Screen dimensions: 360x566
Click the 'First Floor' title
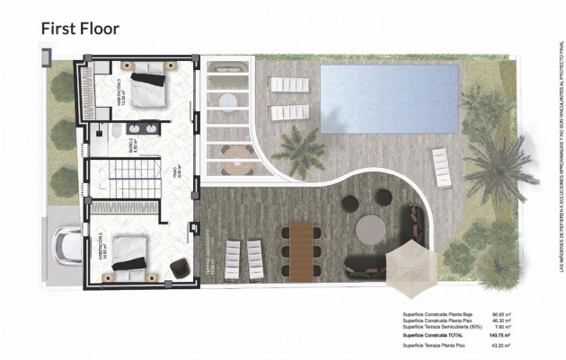click(x=80, y=28)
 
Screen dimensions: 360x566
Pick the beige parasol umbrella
click(x=411, y=268)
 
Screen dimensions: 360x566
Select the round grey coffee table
click(x=371, y=230)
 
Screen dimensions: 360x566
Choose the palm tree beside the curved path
click(x=300, y=147)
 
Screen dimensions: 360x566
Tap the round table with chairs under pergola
click(x=237, y=158)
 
